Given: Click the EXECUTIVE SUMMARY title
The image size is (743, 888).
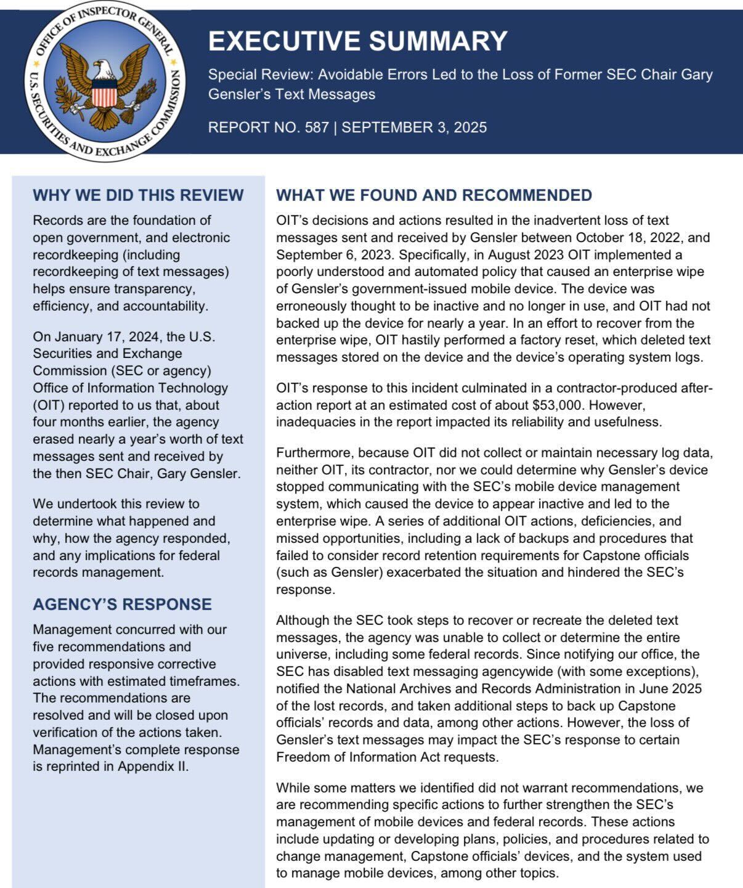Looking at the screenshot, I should (x=357, y=41).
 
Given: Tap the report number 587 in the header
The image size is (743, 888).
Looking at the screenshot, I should (x=317, y=128).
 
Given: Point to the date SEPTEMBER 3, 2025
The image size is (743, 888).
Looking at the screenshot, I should (x=414, y=128).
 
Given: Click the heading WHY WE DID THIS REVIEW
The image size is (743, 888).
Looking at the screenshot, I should (x=138, y=195).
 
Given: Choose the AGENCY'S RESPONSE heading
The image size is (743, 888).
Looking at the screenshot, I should (x=122, y=605).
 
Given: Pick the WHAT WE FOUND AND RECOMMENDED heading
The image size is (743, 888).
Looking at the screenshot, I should (x=434, y=195).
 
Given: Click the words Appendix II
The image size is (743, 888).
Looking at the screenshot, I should (x=153, y=767).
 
